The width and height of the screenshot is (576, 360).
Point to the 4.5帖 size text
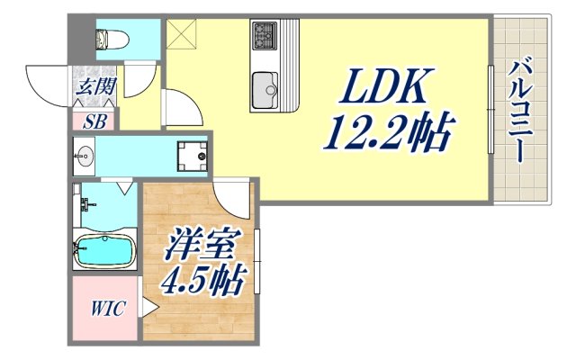[203, 282]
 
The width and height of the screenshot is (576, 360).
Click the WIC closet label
[106, 309]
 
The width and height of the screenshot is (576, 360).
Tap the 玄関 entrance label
[94, 87]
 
